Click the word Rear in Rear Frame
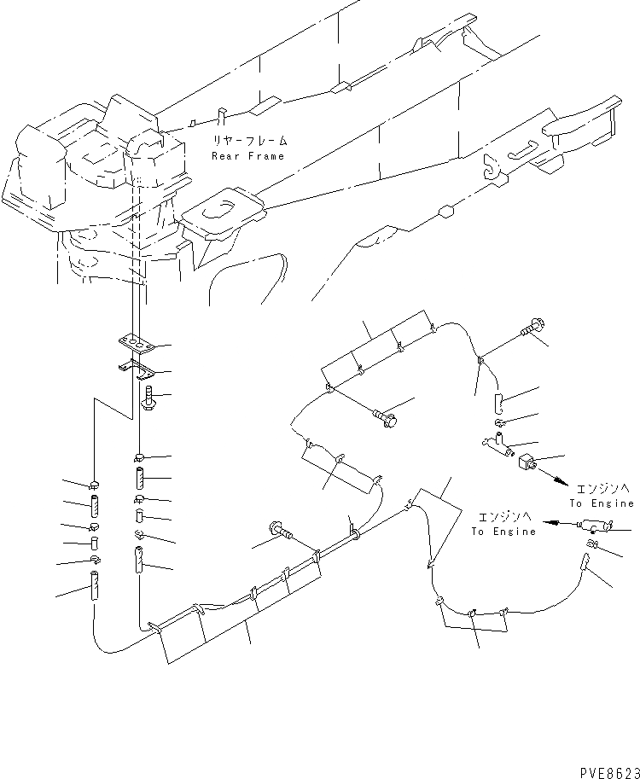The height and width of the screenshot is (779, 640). pyautogui.click(x=225, y=156)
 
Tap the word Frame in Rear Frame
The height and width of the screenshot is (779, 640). pyautogui.click(x=266, y=156)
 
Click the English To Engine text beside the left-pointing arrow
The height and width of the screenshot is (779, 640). pyautogui.click(x=503, y=531)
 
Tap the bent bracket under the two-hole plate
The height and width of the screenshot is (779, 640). pyautogui.click(x=136, y=369)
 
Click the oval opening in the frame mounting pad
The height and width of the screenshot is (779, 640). pyautogui.click(x=230, y=206)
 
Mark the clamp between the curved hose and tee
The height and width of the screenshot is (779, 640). pyautogui.click(x=501, y=423)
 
